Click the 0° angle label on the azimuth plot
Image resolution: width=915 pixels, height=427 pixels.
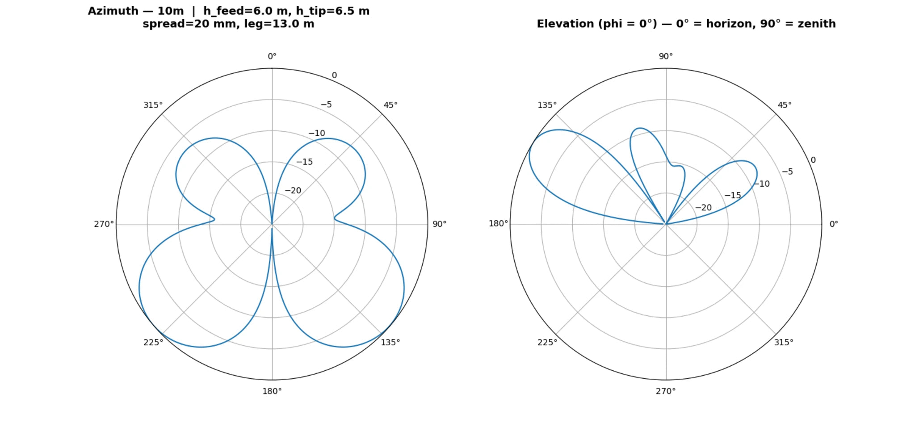pyautogui.click(x=272, y=56)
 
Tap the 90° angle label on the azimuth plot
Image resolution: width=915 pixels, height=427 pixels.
pyautogui.click(x=439, y=224)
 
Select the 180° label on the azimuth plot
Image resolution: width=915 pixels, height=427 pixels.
pyautogui.click(x=272, y=391)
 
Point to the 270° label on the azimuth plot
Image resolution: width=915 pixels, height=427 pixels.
pyautogui.click(x=104, y=224)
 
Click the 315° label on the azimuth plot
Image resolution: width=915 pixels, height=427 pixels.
pyautogui.click(x=153, y=105)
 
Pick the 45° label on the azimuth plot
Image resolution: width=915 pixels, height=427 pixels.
pyautogui.click(x=390, y=105)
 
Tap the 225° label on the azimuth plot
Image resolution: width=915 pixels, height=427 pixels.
pyautogui.click(x=153, y=342)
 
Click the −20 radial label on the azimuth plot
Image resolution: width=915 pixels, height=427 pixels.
pyautogui.click(x=293, y=190)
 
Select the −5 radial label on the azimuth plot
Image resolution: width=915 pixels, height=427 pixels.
pyautogui.click(x=326, y=105)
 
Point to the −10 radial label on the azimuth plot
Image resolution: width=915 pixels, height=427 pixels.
pyautogui.click(x=317, y=133)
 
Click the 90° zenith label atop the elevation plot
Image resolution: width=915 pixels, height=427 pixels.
pyautogui.click(x=666, y=56)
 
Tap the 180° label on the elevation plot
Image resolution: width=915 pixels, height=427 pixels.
pyautogui.click(x=498, y=223)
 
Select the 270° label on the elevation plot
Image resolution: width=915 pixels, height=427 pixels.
pyautogui.click(x=666, y=391)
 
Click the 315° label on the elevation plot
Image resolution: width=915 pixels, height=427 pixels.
pyautogui.click(x=784, y=342)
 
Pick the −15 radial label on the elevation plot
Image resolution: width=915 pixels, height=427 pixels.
pyautogui.click(x=733, y=195)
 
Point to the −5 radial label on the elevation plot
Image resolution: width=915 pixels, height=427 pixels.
pyautogui.click(x=787, y=172)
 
